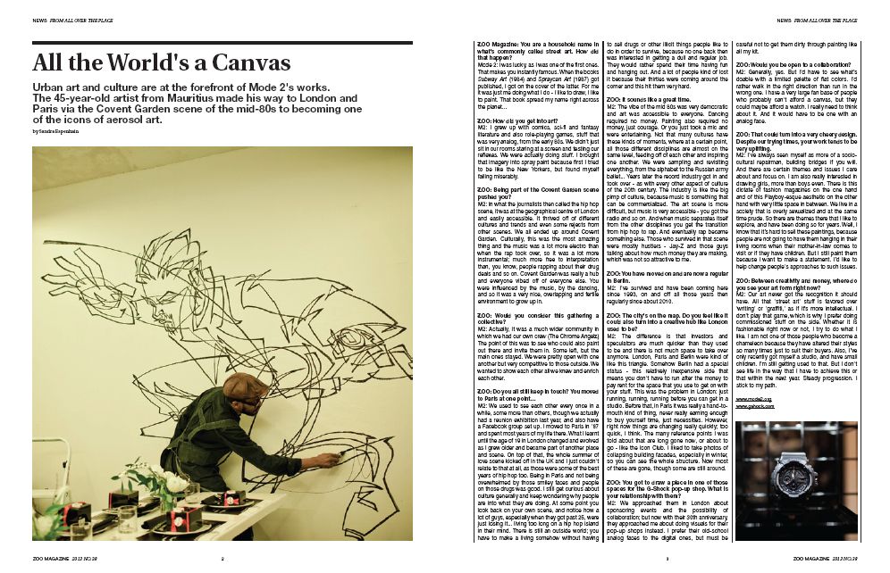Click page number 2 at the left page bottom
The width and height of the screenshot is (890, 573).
[222, 559]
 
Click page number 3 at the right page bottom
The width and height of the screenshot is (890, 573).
[667, 559]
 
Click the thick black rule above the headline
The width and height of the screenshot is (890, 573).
[222, 43]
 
